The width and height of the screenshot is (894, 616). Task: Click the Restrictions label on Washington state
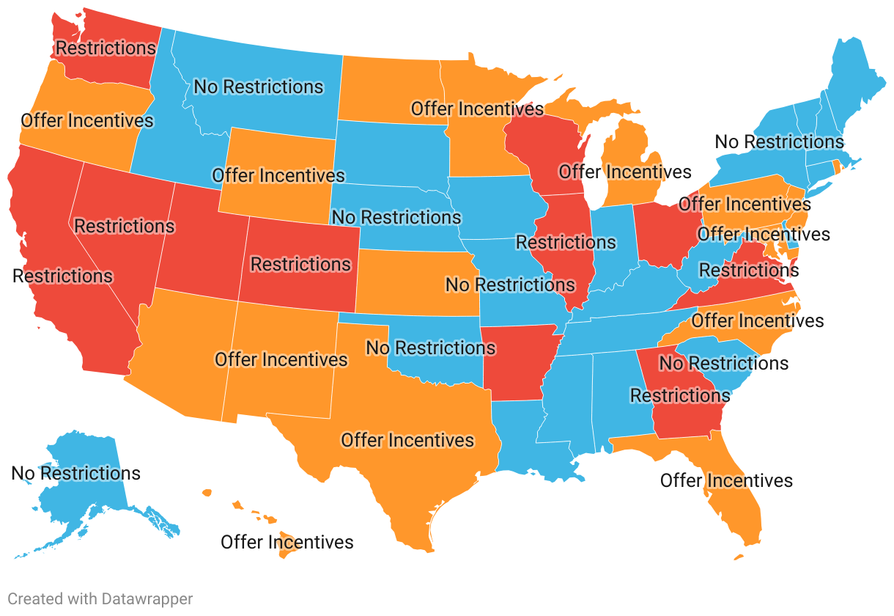pyautogui.click(x=106, y=48)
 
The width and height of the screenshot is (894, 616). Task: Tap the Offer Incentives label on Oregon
pyautogui.click(x=87, y=121)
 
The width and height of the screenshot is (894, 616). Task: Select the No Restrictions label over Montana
pyautogui.click(x=258, y=87)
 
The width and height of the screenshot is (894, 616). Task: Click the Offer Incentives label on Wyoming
pyautogui.click(x=278, y=176)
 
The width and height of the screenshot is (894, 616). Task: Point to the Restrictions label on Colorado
pyautogui.click(x=300, y=264)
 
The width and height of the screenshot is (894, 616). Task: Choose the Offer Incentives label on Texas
pyautogui.click(x=407, y=441)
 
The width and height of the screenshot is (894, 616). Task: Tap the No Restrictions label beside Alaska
pyautogui.click(x=75, y=474)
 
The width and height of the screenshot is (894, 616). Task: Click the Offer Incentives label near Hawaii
pyautogui.click(x=287, y=543)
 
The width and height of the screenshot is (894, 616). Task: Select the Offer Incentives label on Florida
pyautogui.click(x=726, y=481)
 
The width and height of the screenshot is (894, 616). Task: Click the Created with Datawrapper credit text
pyautogui.click(x=100, y=599)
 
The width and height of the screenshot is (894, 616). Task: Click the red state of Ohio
pyautogui.click(x=663, y=235)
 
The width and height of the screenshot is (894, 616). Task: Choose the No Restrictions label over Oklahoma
pyautogui.click(x=431, y=348)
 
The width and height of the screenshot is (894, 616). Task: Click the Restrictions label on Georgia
pyautogui.click(x=680, y=396)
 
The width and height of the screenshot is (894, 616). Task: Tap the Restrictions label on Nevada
pyautogui.click(x=125, y=226)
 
